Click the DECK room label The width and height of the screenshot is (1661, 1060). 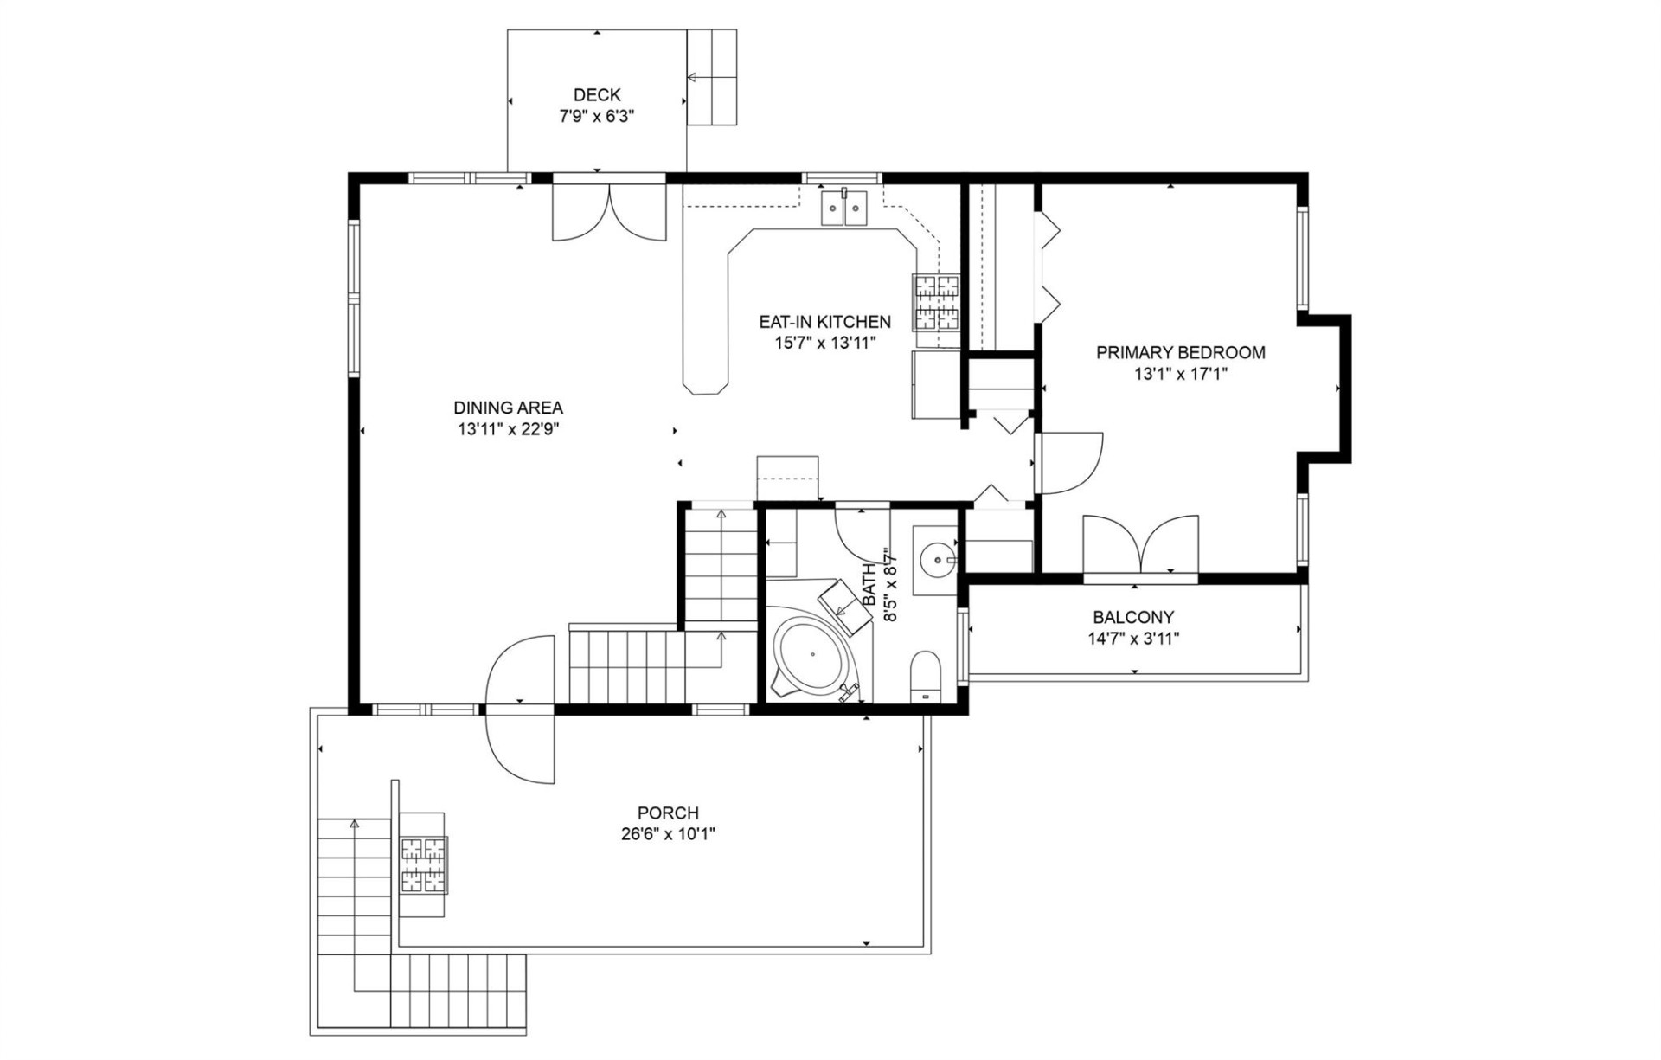[597, 95]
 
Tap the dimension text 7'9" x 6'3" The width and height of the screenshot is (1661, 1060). [597, 117]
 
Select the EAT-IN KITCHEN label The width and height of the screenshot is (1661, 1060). [824, 322]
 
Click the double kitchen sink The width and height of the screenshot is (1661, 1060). [843, 209]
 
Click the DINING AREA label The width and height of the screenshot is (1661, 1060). [508, 408]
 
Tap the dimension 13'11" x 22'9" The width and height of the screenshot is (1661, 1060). [508, 429]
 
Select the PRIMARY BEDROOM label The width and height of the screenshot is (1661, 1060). [1180, 352]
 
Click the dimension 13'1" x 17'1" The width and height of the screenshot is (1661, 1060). [1181, 374]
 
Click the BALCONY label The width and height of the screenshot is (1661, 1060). [1133, 617]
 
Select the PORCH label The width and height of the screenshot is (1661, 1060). [668, 813]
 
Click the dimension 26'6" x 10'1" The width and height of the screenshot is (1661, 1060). [668, 834]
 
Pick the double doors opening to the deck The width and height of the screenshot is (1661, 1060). [610, 212]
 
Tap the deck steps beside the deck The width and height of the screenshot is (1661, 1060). [711, 78]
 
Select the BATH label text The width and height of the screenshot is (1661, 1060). [869, 584]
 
